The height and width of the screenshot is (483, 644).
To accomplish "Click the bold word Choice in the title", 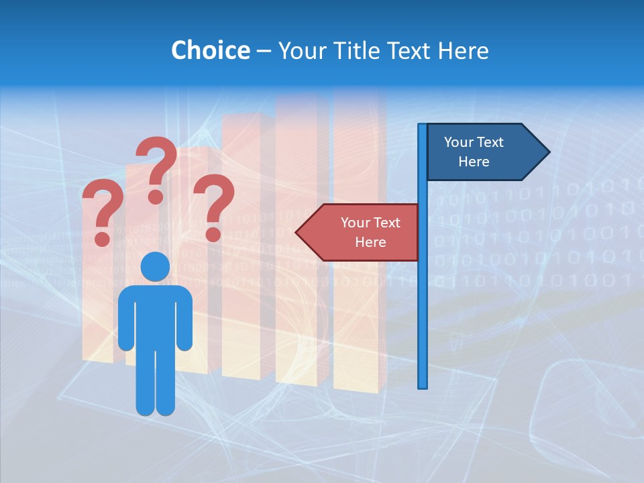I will (210, 50).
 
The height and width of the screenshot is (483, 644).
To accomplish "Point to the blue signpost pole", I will (423, 302).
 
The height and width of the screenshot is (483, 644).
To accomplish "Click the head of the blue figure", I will (155, 266).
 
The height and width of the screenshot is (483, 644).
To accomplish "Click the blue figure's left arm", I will (126, 319).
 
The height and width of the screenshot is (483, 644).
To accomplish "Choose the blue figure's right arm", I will (184, 319).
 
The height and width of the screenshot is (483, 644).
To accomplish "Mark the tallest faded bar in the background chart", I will (359, 241).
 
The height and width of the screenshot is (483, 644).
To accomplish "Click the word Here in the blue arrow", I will (474, 162).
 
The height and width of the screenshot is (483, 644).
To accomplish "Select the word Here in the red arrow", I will (370, 242).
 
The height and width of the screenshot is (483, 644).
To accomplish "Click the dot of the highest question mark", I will (156, 197).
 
